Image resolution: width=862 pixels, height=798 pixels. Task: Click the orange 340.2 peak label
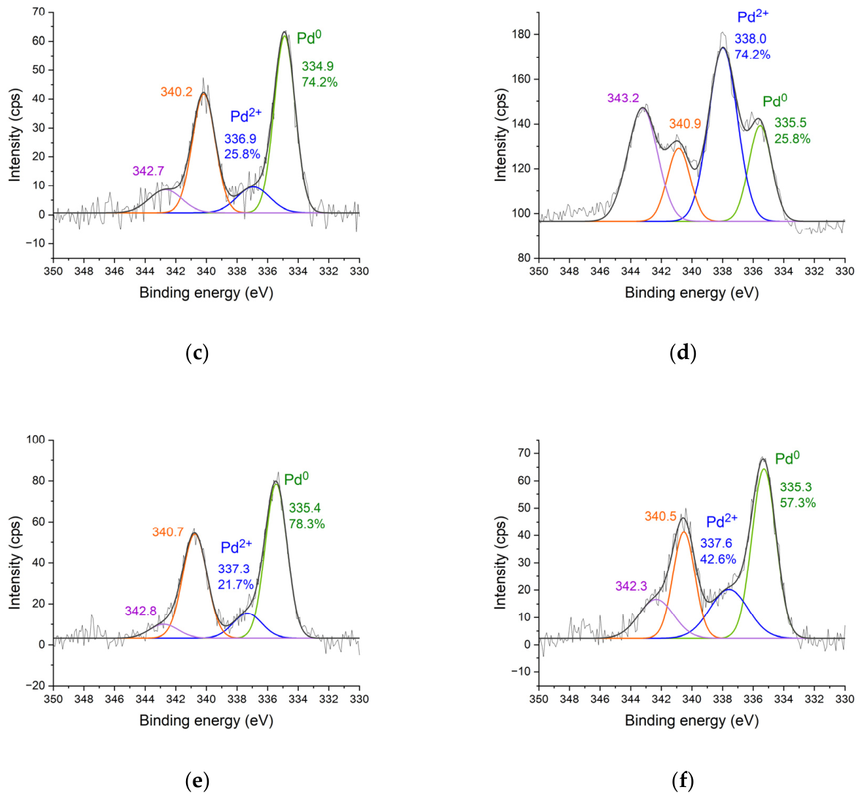pyautogui.click(x=177, y=92)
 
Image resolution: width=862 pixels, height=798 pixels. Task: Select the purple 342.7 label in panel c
pyautogui.click(x=148, y=171)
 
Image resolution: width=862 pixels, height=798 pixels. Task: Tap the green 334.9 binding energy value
pyautogui.click(x=318, y=67)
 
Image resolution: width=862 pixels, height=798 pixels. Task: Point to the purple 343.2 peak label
pyautogui.click(x=623, y=98)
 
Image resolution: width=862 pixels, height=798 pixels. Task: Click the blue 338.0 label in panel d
pyautogui.click(x=752, y=40)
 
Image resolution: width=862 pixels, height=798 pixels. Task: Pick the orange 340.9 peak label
pyautogui.click(x=685, y=125)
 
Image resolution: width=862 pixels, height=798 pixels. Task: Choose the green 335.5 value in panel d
pyautogui.click(x=791, y=123)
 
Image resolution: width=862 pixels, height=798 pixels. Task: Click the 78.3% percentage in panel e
pyautogui.click(x=307, y=524)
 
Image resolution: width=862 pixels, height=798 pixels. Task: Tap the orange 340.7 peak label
pyautogui.click(x=168, y=532)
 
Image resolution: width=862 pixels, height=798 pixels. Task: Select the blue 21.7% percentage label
pyautogui.click(x=236, y=585)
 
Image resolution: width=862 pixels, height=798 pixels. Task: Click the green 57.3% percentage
pyautogui.click(x=798, y=503)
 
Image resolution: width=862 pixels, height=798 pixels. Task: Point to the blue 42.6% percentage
pyautogui.click(x=718, y=559)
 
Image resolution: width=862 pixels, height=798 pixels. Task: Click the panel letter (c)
pyautogui.click(x=197, y=354)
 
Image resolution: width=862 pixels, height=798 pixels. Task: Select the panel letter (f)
pyautogui.click(x=683, y=781)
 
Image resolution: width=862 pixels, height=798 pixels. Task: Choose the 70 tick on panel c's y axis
pyautogui.click(x=38, y=12)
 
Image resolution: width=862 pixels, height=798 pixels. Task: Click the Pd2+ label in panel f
pyautogui.click(x=721, y=522)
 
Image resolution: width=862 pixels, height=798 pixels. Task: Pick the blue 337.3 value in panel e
pyautogui.click(x=234, y=569)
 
